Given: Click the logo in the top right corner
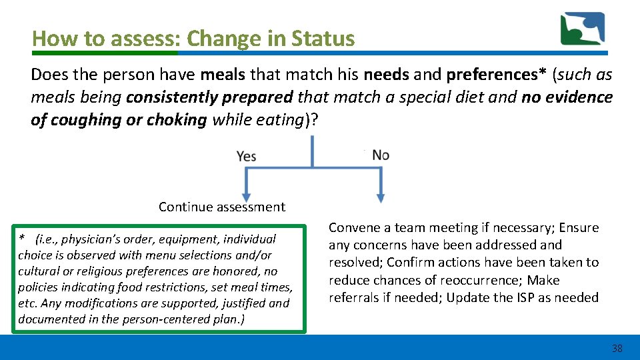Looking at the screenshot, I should click(582, 29).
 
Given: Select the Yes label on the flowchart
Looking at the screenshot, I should click(246, 156).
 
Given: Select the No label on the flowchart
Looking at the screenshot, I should click(381, 155).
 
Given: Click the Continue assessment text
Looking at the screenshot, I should click(221, 207).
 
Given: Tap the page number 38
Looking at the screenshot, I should click(617, 349).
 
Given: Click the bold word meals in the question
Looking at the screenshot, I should click(224, 75).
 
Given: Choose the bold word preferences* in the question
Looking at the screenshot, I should click(497, 75).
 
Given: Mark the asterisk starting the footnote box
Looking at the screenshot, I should click(22, 239).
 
